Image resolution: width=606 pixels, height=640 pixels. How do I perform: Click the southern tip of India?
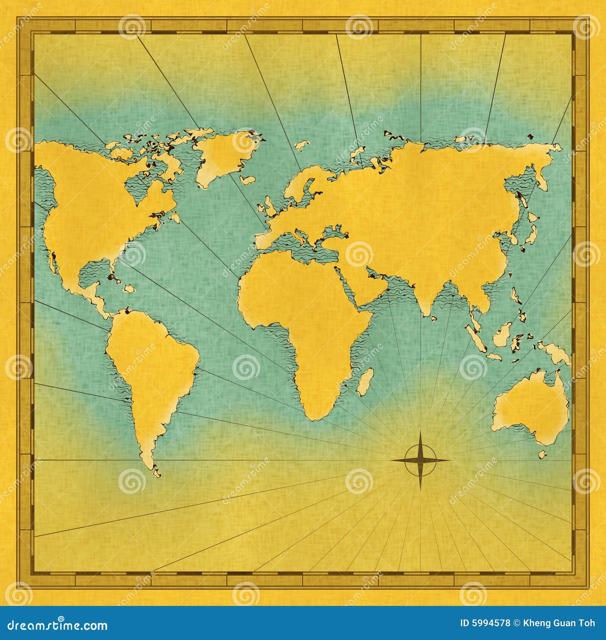[426, 313]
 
